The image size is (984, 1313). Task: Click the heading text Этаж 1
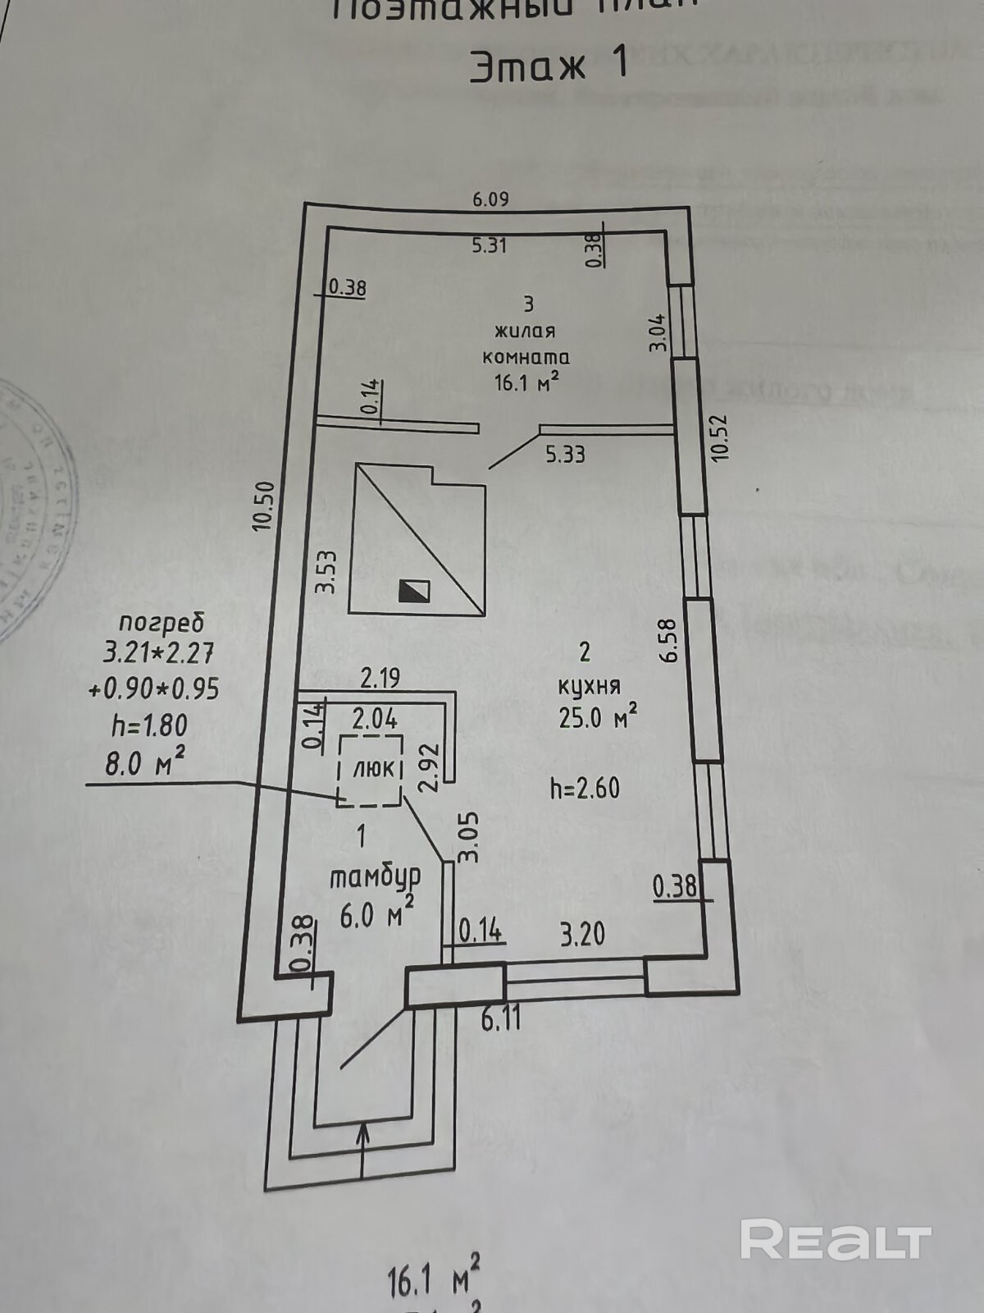pos(549,65)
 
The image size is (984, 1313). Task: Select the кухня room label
pos(589,685)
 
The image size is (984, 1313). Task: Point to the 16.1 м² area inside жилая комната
pos(526,382)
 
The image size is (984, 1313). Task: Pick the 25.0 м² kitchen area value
pos(598,718)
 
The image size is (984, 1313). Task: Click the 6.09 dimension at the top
pos(491,199)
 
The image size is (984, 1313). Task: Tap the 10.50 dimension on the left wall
pos(264,506)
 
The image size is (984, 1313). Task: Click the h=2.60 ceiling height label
pos(585,789)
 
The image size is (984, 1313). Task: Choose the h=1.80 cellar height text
pos(149,725)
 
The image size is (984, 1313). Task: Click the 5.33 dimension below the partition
pos(565,453)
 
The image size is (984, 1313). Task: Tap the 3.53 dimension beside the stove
pos(327,572)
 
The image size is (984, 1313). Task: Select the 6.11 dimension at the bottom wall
pos(501,1020)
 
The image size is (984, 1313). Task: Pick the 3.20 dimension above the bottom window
pos(582,934)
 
